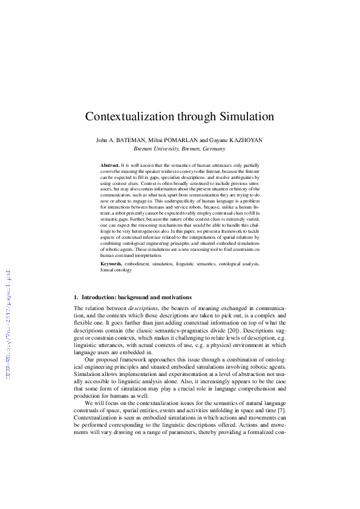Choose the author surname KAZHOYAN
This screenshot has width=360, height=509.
[244, 140]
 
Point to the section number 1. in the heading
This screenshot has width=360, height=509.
[76, 297]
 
